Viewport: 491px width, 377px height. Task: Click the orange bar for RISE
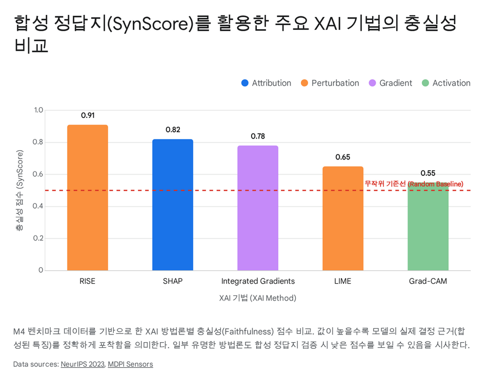88,197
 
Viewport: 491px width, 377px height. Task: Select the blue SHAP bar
173,205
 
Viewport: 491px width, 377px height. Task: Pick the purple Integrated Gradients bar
258,208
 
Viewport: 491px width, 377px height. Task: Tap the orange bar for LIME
343,219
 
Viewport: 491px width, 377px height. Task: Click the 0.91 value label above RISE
88,115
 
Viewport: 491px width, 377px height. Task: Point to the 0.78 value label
258,136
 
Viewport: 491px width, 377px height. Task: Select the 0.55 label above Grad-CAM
428,173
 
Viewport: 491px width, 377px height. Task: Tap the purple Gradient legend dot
373,83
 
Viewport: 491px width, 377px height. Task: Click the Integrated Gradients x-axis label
258,281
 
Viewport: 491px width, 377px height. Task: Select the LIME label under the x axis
343,281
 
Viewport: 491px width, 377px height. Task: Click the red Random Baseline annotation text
414,184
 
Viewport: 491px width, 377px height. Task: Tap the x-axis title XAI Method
258,297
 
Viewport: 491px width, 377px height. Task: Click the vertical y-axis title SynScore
20,190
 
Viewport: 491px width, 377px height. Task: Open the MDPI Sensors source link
130,364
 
